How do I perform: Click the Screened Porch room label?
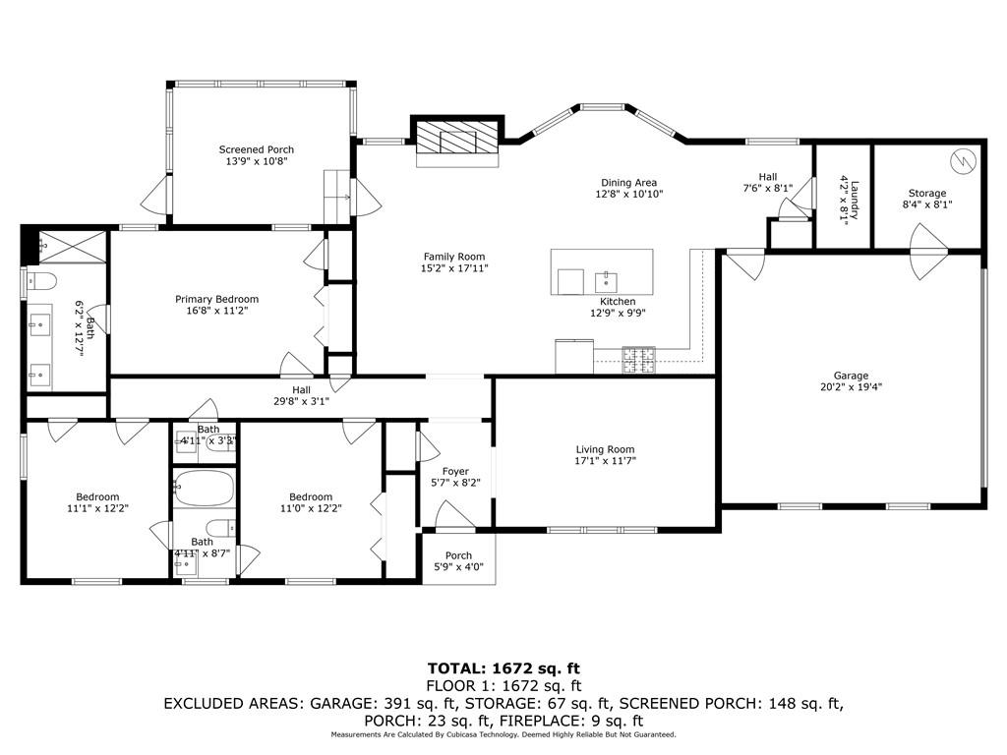(256, 149)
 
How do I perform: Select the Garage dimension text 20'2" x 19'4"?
(851, 387)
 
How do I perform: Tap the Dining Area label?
(629, 182)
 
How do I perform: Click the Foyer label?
(455, 471)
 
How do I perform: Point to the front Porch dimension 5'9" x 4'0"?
(458, 567)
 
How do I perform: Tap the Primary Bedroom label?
(216, 299)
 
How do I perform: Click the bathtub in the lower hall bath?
(205, 488)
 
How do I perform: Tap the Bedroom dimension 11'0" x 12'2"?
(310, 508)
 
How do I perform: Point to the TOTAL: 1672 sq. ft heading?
(503, 668)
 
